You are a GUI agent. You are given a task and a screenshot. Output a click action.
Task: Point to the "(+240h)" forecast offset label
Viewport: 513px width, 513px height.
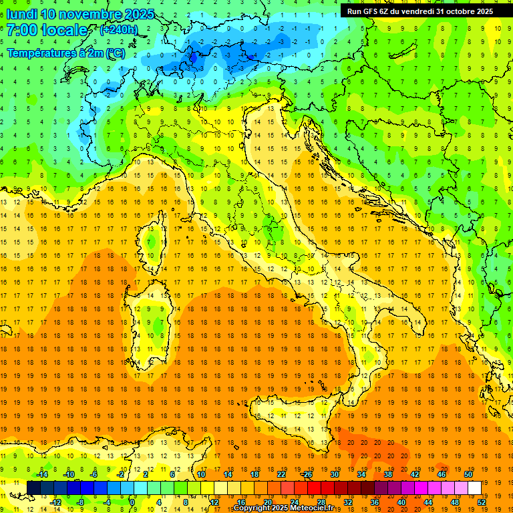coord(118,30)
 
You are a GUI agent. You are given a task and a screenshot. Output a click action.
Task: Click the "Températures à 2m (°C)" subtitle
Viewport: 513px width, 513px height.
coord(65,52)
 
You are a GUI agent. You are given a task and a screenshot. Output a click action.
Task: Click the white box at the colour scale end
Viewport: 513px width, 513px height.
coord(474,488)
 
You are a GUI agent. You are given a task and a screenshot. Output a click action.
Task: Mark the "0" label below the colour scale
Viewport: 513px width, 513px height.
coord(132,502)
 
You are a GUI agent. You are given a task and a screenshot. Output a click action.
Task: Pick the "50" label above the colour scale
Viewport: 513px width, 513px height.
coord(468,474)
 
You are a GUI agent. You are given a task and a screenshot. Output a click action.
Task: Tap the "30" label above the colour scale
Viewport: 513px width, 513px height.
coord(334,474)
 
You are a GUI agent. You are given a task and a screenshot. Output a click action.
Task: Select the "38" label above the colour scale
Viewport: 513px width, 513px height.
coord(387,474)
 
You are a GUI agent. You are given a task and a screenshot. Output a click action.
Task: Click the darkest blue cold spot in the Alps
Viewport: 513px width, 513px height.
coord(194,57)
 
